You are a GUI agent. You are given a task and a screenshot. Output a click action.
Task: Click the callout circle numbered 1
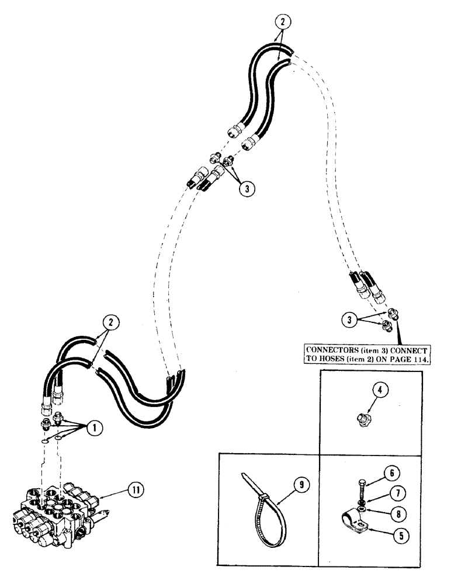tap(93, 427)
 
